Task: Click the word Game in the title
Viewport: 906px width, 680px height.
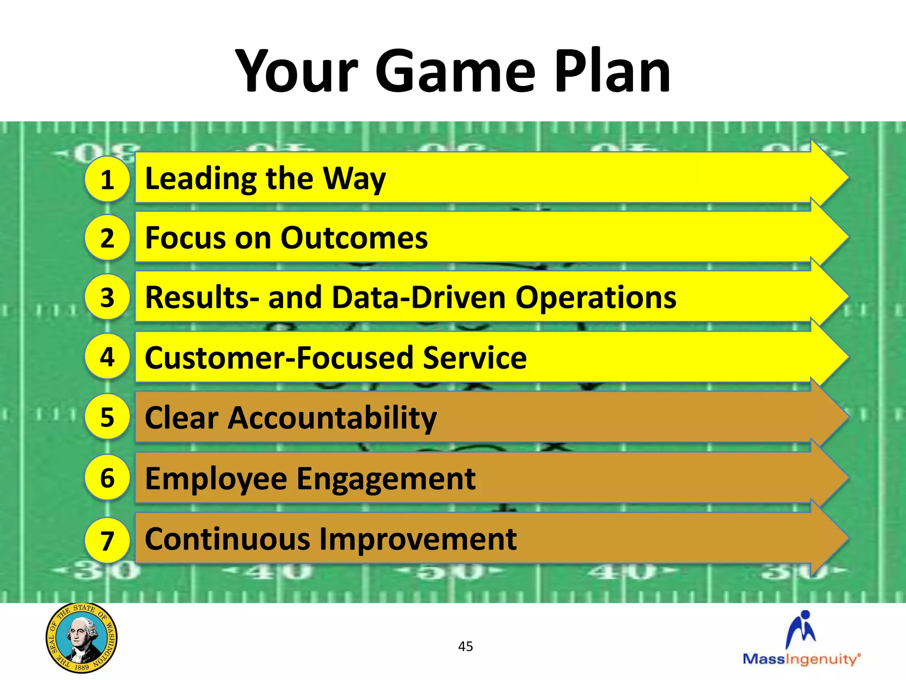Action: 456,72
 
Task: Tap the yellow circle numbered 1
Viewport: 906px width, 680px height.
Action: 107,179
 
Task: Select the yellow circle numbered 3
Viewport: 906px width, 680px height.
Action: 107,297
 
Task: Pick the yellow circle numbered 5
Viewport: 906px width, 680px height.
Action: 107,417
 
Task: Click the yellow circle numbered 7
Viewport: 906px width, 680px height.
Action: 107,540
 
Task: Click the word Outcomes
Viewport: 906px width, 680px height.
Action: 354,238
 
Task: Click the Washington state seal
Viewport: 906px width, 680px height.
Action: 81,637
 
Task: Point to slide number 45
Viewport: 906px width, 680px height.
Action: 465,646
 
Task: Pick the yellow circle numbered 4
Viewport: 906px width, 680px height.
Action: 107,356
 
